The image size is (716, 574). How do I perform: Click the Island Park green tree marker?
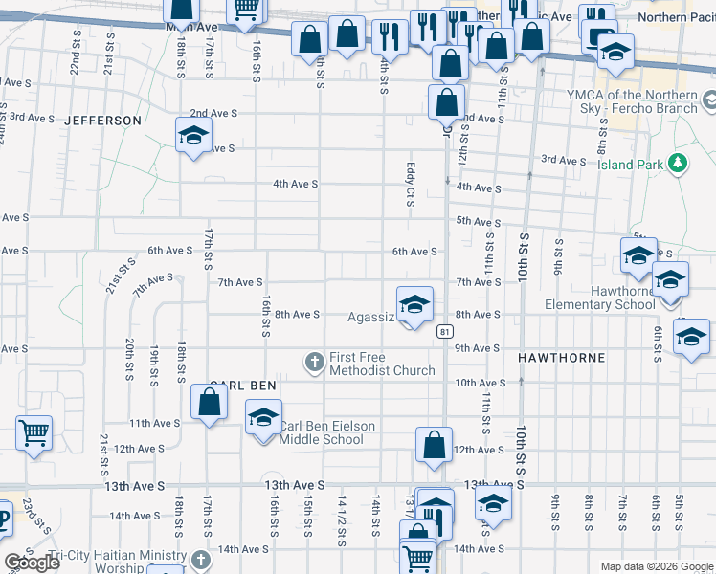click(678, 164)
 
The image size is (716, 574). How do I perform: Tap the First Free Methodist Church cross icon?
click(314, 363)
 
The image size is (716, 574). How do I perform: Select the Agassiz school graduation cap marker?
click(414, 305)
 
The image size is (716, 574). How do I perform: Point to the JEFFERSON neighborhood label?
click(102, 121)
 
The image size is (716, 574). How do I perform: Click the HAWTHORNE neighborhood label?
click(561, 358)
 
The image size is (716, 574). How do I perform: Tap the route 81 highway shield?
click(445, 331)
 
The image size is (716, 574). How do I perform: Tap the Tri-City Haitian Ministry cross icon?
click(200, 559)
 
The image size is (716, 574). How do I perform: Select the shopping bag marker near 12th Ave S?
click(435, 444)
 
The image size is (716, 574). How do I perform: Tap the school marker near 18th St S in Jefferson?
click(192, 135)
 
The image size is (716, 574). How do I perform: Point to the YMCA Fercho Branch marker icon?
click(708, 99)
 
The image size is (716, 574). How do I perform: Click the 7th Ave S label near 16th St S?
click(240, 282)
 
